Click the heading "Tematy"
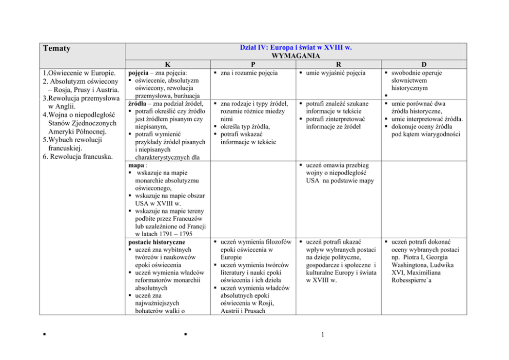[56, 49]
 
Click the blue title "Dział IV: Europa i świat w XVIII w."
[296, 47]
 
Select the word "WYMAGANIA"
[296, 55]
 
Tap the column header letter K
[168, 64]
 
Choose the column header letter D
[423, 64]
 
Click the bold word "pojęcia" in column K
[139, 73]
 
